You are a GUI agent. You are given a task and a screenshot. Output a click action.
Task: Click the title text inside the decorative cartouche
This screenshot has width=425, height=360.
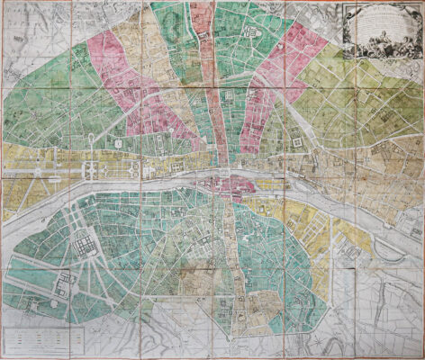375,22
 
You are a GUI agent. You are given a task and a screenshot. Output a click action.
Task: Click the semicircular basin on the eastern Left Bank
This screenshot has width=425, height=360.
383,244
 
